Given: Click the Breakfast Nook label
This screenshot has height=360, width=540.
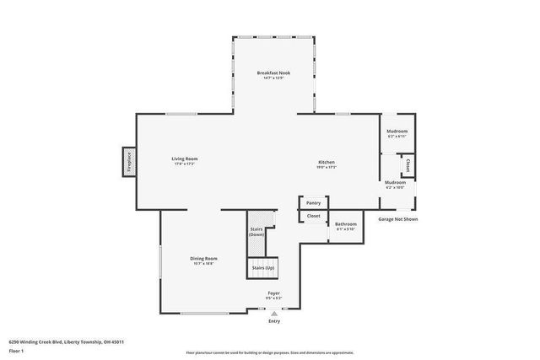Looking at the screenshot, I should tap(274, 73).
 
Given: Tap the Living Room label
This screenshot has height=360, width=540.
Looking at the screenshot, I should tap(185, 159).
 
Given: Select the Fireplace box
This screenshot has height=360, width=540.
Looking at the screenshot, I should tap(129, 161).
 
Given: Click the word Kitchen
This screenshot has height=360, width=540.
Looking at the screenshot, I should tap(327, 161).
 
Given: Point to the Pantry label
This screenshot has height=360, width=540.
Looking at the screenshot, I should tap(313, 203).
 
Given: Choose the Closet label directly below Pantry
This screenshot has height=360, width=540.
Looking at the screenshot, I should tap(313, 216).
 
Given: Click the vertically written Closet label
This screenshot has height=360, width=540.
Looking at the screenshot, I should tap(408, 165).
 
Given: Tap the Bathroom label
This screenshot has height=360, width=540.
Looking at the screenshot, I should tap(346, 224).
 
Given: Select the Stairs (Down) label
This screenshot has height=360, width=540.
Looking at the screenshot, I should tap(256, 231).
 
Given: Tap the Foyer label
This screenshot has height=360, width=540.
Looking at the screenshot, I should tap(274, 293).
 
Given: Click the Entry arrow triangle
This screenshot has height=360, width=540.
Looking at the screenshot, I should tap(274, 313).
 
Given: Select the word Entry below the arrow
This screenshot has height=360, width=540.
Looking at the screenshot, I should tap(274, 321).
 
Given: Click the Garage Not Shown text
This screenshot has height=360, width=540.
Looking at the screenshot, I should tap(398, 219).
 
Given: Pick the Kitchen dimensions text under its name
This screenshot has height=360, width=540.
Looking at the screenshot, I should tap(327, 167).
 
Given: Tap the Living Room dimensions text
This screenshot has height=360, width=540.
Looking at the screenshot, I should tap(185, 164).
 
